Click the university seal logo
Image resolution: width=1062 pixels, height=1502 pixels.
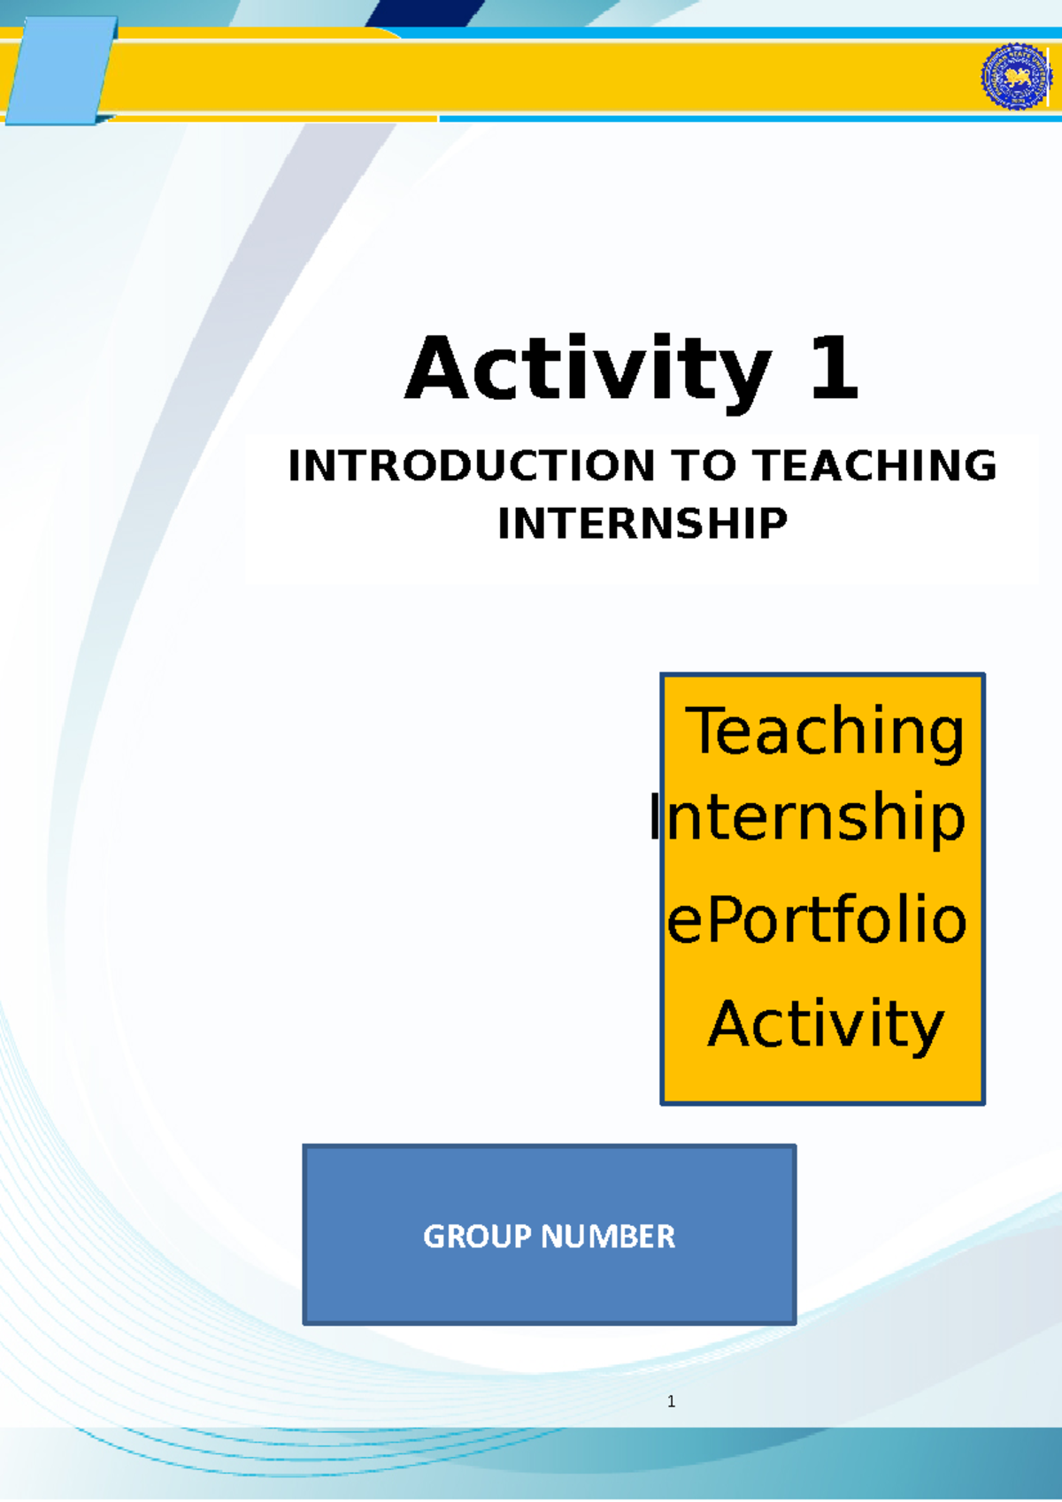tap(1016, 77)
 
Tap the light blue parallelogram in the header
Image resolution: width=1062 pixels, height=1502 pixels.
tap(60, 72)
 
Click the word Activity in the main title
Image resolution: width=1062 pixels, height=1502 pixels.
tap(588, 370)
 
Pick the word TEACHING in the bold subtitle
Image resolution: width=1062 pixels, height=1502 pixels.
tap(874, 466)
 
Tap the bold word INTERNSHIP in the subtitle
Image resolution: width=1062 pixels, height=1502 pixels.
tap(643, 524)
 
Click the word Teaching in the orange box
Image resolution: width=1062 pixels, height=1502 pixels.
tap(825, 732)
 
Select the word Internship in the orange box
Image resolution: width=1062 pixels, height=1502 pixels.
tap(807, 818)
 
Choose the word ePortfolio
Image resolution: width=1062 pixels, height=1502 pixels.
tap(816, 920)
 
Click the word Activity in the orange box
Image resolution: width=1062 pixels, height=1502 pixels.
tap(826, 1024)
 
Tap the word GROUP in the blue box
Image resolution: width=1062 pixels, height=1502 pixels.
tap(477, 1236)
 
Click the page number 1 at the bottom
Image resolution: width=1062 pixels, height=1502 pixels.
tap(672, 1401)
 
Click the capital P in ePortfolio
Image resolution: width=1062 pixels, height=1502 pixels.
tap(721, 920)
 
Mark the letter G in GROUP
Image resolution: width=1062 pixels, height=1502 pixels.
tap(434, 1236)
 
